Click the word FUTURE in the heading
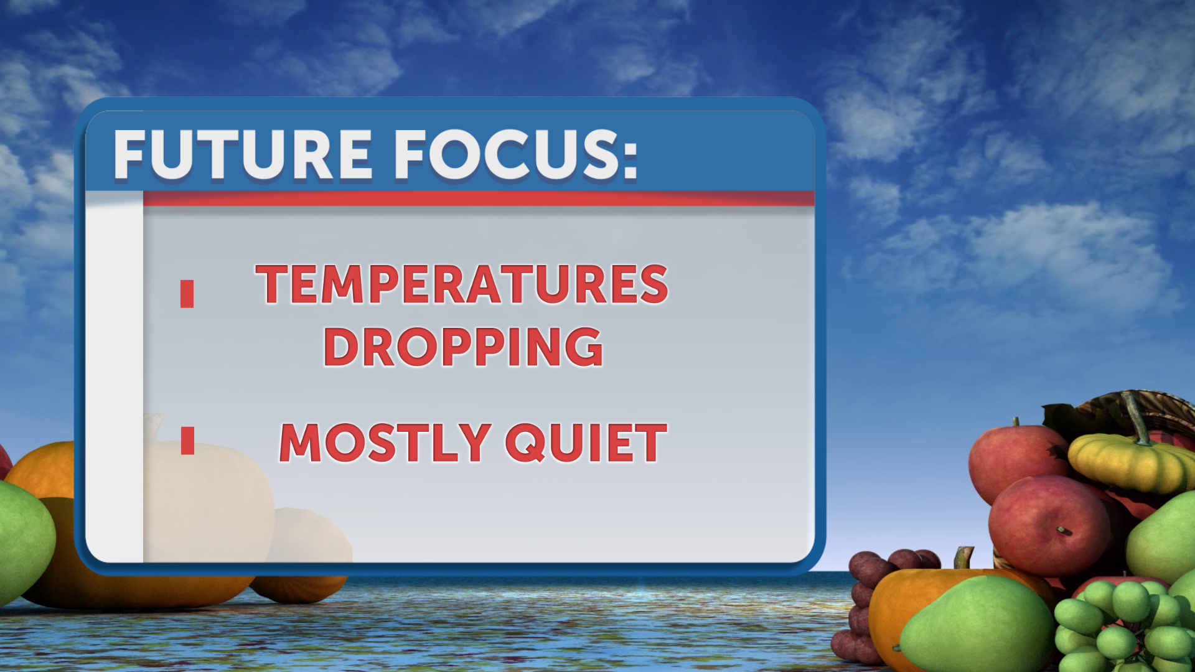click(243, 155)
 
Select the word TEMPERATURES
click(462, 284)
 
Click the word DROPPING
click(463, 347)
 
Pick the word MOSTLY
click(385, 442)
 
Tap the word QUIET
click(586, 442)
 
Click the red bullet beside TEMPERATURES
click(187, 294)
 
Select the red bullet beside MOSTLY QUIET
click(187, 441)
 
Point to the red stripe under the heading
click(479, 198)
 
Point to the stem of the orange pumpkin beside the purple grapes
click(964, 558)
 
